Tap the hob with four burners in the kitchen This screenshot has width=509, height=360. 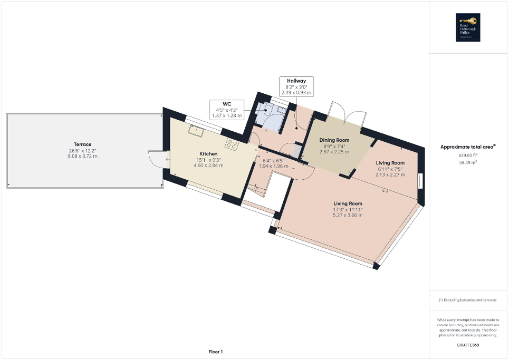[232, 143]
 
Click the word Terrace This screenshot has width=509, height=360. [83, 144]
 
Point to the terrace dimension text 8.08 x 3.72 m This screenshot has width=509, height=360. [83, 156]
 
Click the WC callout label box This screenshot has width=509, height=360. [226, 110]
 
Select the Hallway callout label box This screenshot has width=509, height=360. [296, 86]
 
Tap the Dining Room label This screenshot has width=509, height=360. [334, 140]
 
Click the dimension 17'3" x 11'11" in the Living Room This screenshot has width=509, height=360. [348, 209]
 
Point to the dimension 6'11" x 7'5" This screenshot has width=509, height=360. [390, 169]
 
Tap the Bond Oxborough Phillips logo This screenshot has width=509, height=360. [468, 27]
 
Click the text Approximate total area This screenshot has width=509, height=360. [467, 147]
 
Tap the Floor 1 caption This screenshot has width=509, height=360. [216, 352]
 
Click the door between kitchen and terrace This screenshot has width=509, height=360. [157, 159]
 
